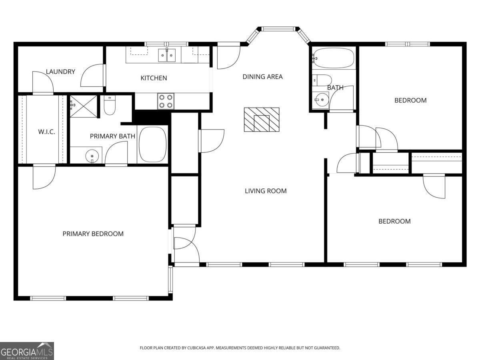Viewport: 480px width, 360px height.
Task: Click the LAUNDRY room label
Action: (60, 72)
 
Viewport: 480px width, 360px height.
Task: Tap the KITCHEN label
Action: (154, 78)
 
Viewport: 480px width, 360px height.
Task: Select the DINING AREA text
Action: (262, 77)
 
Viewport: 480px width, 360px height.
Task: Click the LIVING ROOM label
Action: (266, 191)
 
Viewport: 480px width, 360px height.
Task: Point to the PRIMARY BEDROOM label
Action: (93, 234)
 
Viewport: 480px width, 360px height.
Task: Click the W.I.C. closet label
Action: (46, 132)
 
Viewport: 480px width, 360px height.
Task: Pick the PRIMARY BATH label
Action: (112, 136)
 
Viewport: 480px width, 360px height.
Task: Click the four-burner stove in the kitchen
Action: (166, 101)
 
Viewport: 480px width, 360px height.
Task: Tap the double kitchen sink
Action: (167, 56)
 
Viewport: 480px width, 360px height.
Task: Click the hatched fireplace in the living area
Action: (262, 120)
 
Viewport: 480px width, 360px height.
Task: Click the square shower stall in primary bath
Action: (84, 106)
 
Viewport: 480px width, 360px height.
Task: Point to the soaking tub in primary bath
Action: (152, 144)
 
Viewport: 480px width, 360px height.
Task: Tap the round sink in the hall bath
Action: (320, 100)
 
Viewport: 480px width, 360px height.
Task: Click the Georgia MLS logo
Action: (27, 351)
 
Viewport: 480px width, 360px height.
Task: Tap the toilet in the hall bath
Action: (322, 79)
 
